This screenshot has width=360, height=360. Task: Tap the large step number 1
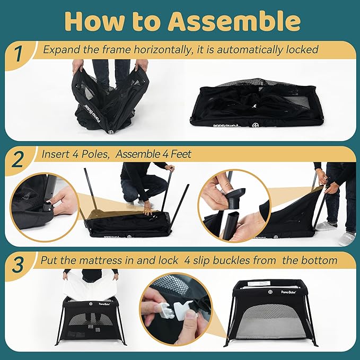coord(18,54)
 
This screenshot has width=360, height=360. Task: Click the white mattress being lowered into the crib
coord(91,286)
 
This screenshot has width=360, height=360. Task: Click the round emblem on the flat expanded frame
coord(255,125)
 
